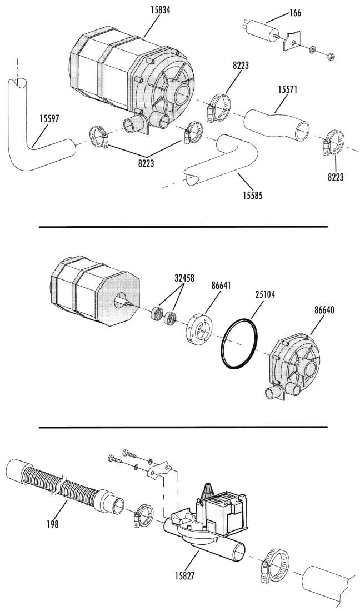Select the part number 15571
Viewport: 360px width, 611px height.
288,89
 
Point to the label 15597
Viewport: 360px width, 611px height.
49,118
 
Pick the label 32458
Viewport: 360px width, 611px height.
184,278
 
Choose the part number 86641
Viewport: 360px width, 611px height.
221,286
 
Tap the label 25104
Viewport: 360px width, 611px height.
264,294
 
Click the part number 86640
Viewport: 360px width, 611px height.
324,310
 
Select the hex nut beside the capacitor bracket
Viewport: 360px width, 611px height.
331,57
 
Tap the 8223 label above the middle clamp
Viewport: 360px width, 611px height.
241,65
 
